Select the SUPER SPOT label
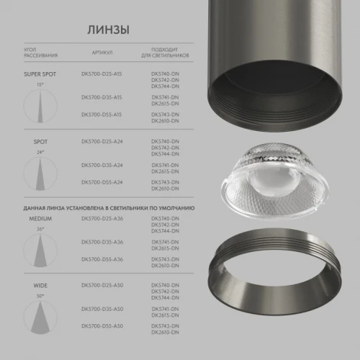tap(40, 75)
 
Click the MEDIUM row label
tap(40, 218)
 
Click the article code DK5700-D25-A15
tap(101, 76)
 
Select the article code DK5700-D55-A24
tap(101, 182)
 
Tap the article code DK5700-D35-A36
tap(101, 242)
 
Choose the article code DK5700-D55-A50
tap(101, 325)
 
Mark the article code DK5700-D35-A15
tap(101, 97)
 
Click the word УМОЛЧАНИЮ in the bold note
tap(175, 207)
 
